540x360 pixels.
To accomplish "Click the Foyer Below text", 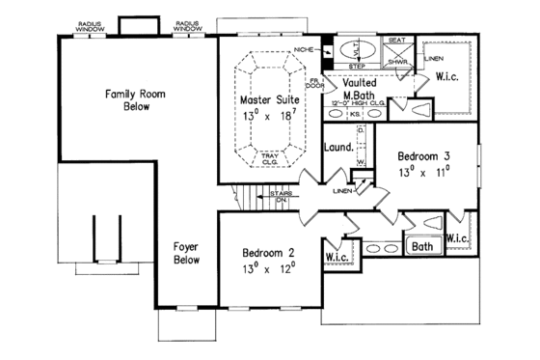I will (187, 253).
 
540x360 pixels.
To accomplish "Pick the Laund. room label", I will (337, 149).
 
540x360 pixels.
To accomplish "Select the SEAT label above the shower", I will (395, 41).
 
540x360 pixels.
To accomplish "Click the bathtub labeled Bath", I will (422, 246).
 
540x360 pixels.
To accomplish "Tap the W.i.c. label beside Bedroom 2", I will (337, 257).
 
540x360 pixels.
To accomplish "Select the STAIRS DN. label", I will (282, 196).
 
